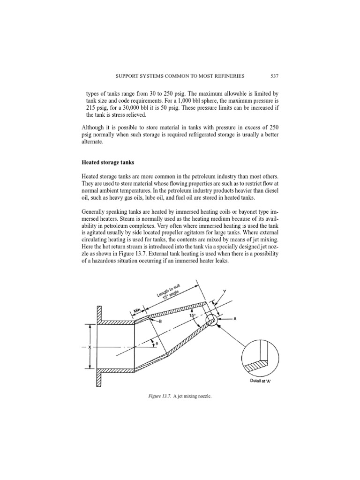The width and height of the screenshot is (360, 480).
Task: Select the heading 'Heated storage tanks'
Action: coord(105,163)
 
